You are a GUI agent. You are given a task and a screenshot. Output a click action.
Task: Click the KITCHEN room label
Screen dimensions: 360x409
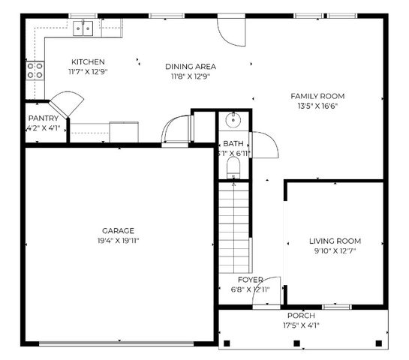[x=88, y=61]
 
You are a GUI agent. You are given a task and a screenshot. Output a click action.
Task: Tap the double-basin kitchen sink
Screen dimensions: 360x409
[x=83, y=28]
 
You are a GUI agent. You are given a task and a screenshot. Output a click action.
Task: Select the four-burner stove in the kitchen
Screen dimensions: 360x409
[x=35, y=70]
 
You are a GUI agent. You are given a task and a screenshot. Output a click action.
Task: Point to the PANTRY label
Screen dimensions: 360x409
[x=43, y=118]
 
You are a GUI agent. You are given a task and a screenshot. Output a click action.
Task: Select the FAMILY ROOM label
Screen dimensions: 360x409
[x=318, y=96]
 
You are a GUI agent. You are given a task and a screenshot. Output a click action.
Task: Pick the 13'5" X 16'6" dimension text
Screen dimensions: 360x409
[x=318, y=106]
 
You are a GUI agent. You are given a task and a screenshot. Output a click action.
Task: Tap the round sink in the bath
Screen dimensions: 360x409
[x=233, y=120]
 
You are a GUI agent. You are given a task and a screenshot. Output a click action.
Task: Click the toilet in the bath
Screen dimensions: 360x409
[x=233, y=166]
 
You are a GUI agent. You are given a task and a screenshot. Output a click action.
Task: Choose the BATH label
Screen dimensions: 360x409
[x=233, y=143]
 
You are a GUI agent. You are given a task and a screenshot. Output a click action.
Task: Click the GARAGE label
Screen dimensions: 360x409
[x=119, y=230]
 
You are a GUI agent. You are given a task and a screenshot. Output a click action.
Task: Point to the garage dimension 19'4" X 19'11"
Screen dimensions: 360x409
[x=119, y=241]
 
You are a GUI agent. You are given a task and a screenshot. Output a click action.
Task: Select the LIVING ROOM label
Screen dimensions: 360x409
[x=335, y=241]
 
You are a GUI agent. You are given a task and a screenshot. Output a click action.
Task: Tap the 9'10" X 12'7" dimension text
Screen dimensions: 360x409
[x=335, y=251]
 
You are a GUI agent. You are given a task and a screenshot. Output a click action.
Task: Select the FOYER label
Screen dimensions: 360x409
[x=251, y=279]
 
